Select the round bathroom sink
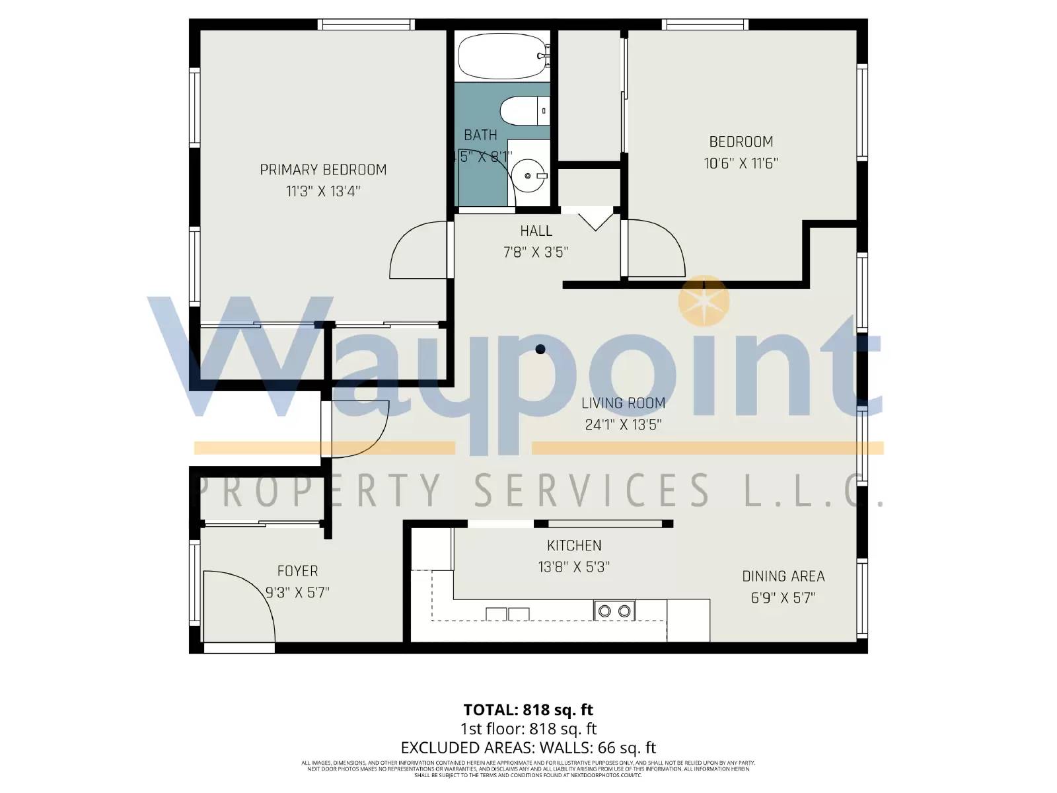[x=529, y=176]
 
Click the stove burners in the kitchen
[x=614, y=611]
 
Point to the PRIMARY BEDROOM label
[x=323, y=170]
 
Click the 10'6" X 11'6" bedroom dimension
[x=741, y=163]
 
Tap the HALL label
[x=536, y=231]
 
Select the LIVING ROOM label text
[x=623, y=403]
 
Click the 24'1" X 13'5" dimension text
[x=623, y=424]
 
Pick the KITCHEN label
[x=574, y=546]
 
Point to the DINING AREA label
[x=783, y=576]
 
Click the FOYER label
[x=297, y=571]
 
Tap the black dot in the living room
[x=540, y=350]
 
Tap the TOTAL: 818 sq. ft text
[x=528, y=710]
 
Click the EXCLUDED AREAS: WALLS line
[x=528, y=748]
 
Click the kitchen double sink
[x=507, y=614]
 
